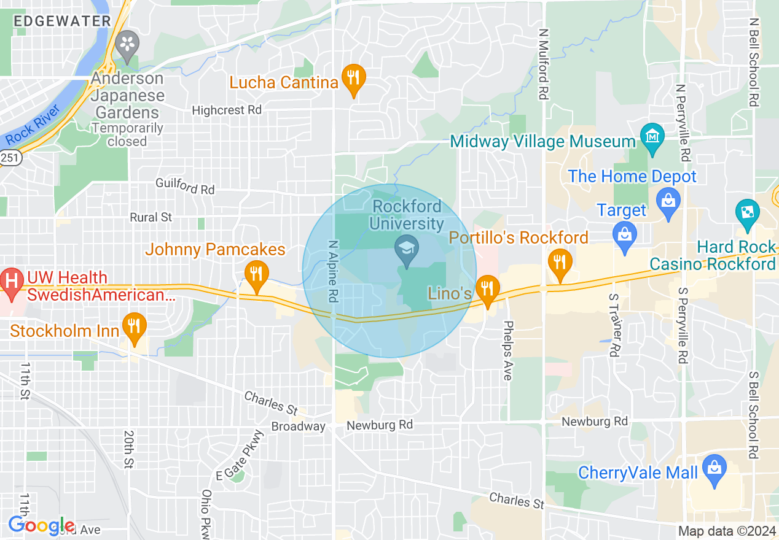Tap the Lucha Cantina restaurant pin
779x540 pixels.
[353, 79]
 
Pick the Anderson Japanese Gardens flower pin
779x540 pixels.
[128, 45]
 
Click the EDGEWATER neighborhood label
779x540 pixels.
[62, 21]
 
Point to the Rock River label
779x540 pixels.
[34, 125]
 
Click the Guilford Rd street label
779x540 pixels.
[185, 186]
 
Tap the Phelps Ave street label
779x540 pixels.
[507, 350]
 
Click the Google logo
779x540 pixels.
[41, 526]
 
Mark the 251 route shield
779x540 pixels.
[10, 158]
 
